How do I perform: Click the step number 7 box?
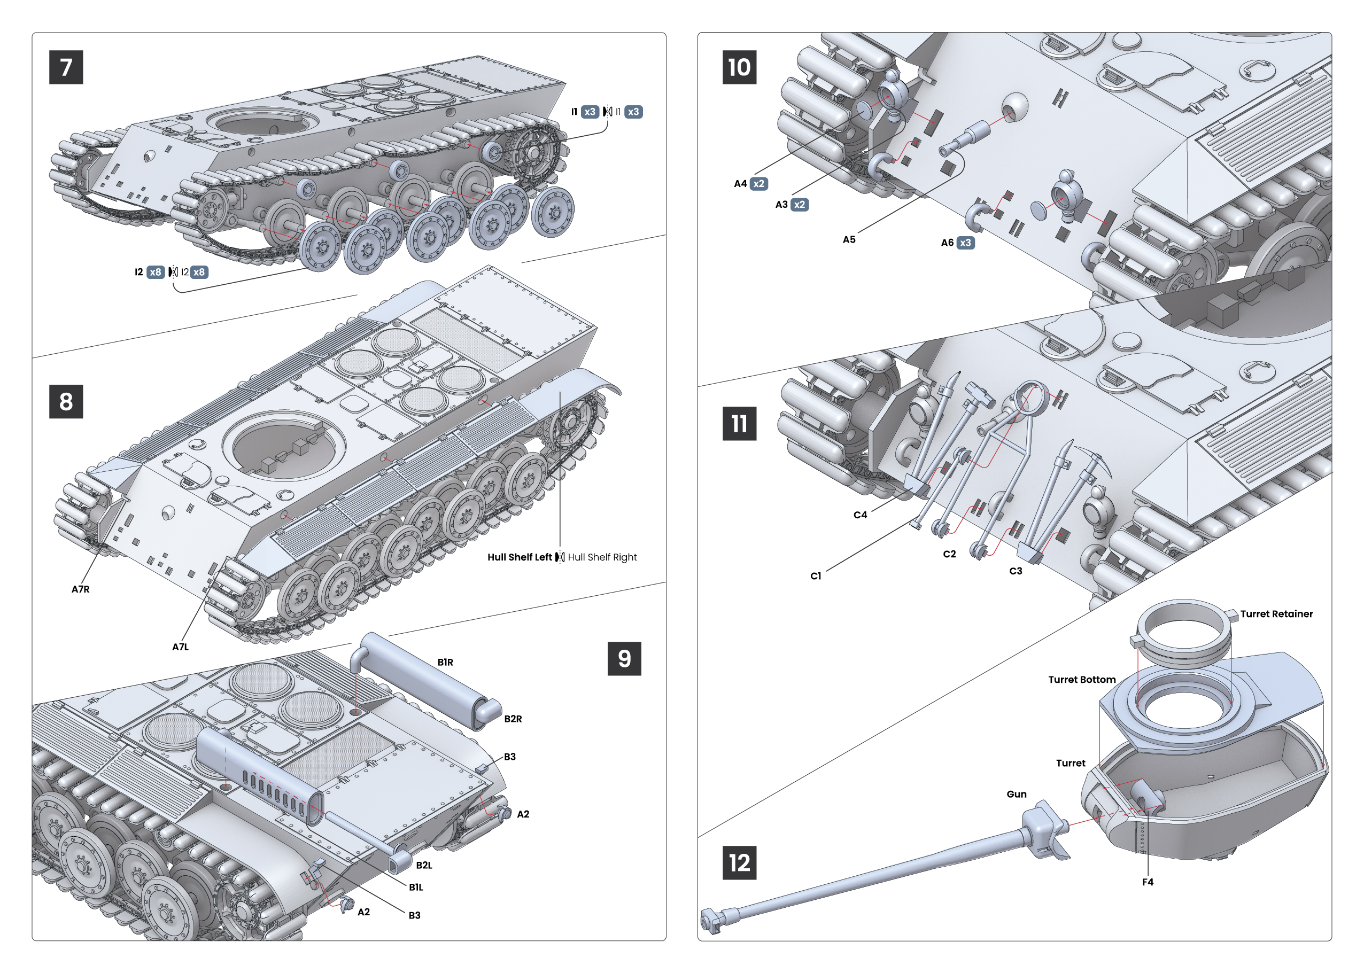tap(66, 67)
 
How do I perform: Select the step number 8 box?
tap(66, 401)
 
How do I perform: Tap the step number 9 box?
tap(624, 658)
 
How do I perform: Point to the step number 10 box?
tap(739, 67)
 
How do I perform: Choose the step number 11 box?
tap(739, 424)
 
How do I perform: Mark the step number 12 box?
tap(739, 863)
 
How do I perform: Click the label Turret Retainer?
tap(1276, 614)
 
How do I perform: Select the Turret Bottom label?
tap(1081, 680)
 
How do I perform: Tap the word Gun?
tap(1017, 794)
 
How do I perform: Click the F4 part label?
tap(1147, 882)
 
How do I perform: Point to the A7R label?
tap(80, 589)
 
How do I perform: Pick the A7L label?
tap(181, 647)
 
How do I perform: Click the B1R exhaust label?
tap(445, 662)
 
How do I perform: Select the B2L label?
tap(424, 865)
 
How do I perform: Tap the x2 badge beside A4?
tap(759, 184)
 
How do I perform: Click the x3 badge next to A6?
tap(965, 243)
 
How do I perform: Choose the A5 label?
tap(849, 240)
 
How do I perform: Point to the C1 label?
tap(816, 576)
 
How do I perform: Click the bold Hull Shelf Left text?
tap(519, 557)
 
